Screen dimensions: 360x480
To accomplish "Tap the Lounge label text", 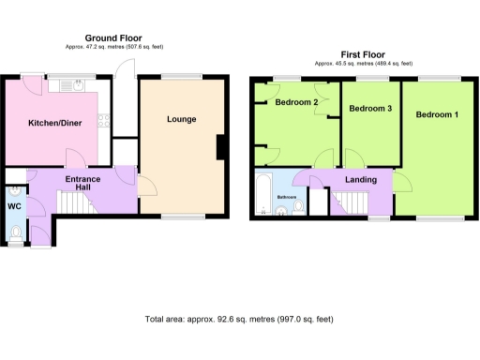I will [182, 119].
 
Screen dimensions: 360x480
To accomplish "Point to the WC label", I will [14, 205].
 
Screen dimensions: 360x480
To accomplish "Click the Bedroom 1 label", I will [437, 114].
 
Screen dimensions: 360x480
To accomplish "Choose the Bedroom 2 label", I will [296, 102].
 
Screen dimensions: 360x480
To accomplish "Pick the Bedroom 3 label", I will [369, 110].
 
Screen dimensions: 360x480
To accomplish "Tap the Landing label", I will [361, 179].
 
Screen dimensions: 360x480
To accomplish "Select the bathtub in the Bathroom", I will [262, 196].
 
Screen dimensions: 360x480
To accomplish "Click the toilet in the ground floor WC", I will [16, 231].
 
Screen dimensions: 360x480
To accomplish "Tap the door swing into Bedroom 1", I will [401, 181].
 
